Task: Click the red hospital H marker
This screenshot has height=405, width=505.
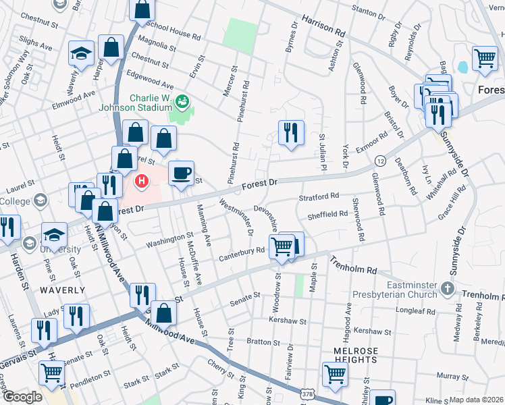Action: pyautogui.click(x=142, y=181)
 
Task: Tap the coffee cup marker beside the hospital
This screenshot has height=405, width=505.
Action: pyautogui.click(x=181, y=172)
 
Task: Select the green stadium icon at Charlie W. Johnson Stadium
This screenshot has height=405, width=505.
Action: pyautogui.click(x=181, y=103)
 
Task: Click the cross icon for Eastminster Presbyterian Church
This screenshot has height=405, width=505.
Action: pyautogui.click(x=446, y=289)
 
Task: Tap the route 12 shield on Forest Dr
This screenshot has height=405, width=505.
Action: pyautogui.click(x=380, y=161)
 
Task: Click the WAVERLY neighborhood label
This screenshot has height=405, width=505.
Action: pyautogui.click(x=63, y=290)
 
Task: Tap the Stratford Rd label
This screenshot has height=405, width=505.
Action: pyautogui.click(x=319, y=197)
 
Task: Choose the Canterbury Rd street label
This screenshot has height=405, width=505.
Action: pyautogui.click(x=241, y=252)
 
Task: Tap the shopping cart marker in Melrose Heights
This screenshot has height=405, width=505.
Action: pyautogui.click(x=335, y=374)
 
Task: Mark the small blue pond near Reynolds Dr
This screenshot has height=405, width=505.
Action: pyautogui.click(x=462, y=67)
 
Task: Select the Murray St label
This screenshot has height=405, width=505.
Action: pyautogui.click(x=447, y=375)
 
